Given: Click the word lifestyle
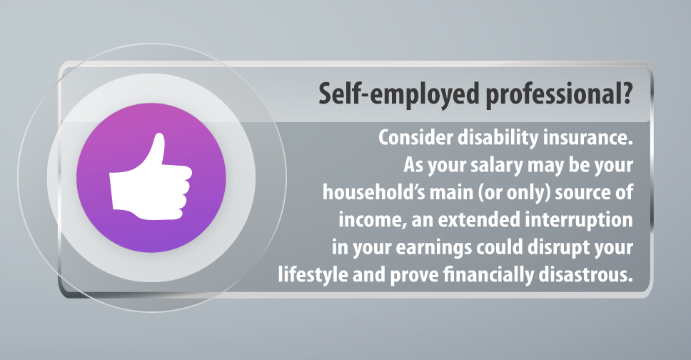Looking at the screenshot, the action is (313, 276).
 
